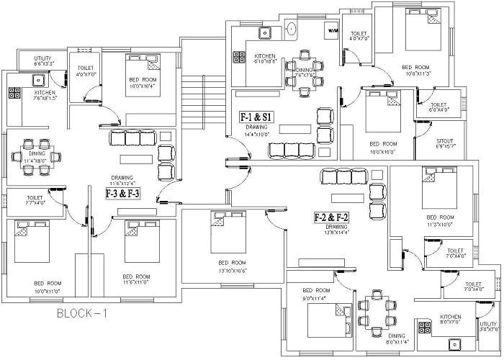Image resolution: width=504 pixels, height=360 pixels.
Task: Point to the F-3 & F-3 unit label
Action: pos(122,194)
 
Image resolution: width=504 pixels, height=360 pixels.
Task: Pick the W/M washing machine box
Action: pos(333,32)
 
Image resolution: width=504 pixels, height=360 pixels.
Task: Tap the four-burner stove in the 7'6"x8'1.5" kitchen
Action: pos(14,92)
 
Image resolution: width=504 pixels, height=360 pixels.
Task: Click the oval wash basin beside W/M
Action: pos(292,30)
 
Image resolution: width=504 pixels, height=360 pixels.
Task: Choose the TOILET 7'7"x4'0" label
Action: pos(35,200)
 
